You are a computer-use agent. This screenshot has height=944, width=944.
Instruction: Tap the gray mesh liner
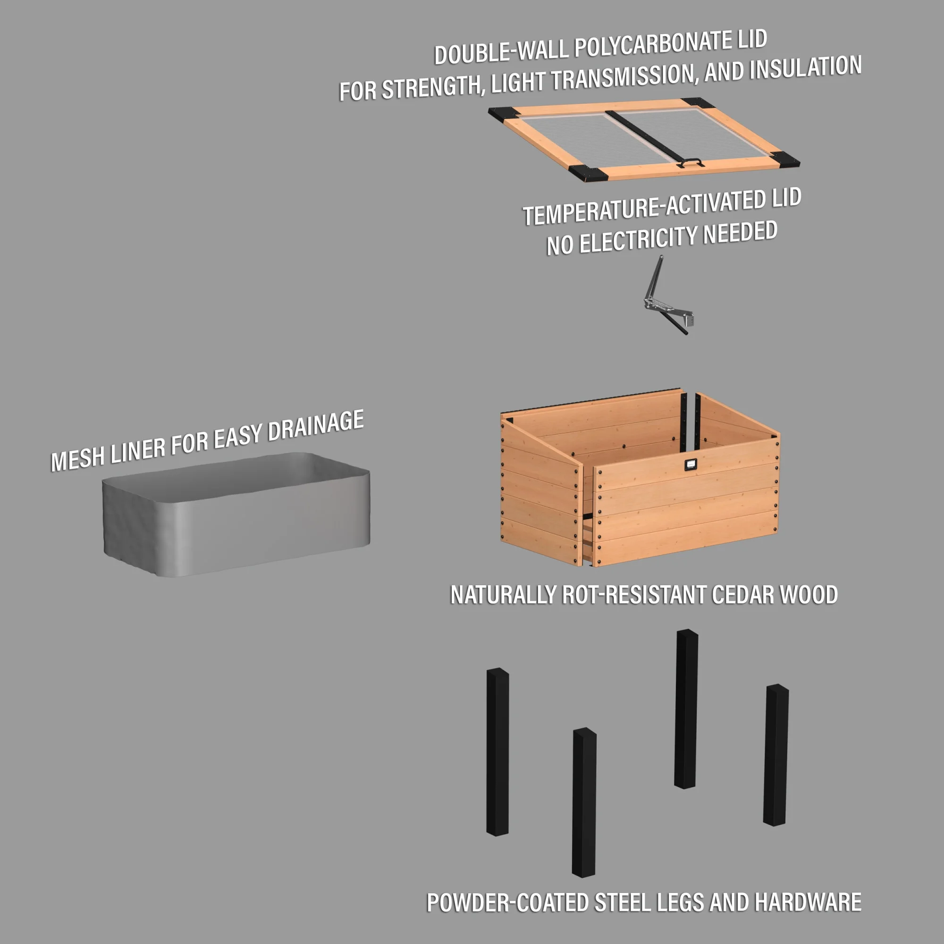point(235,518)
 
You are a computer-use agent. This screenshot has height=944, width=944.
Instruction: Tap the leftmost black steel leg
point(497,752)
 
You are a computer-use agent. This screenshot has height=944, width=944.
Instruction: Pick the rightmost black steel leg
point(776,755)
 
